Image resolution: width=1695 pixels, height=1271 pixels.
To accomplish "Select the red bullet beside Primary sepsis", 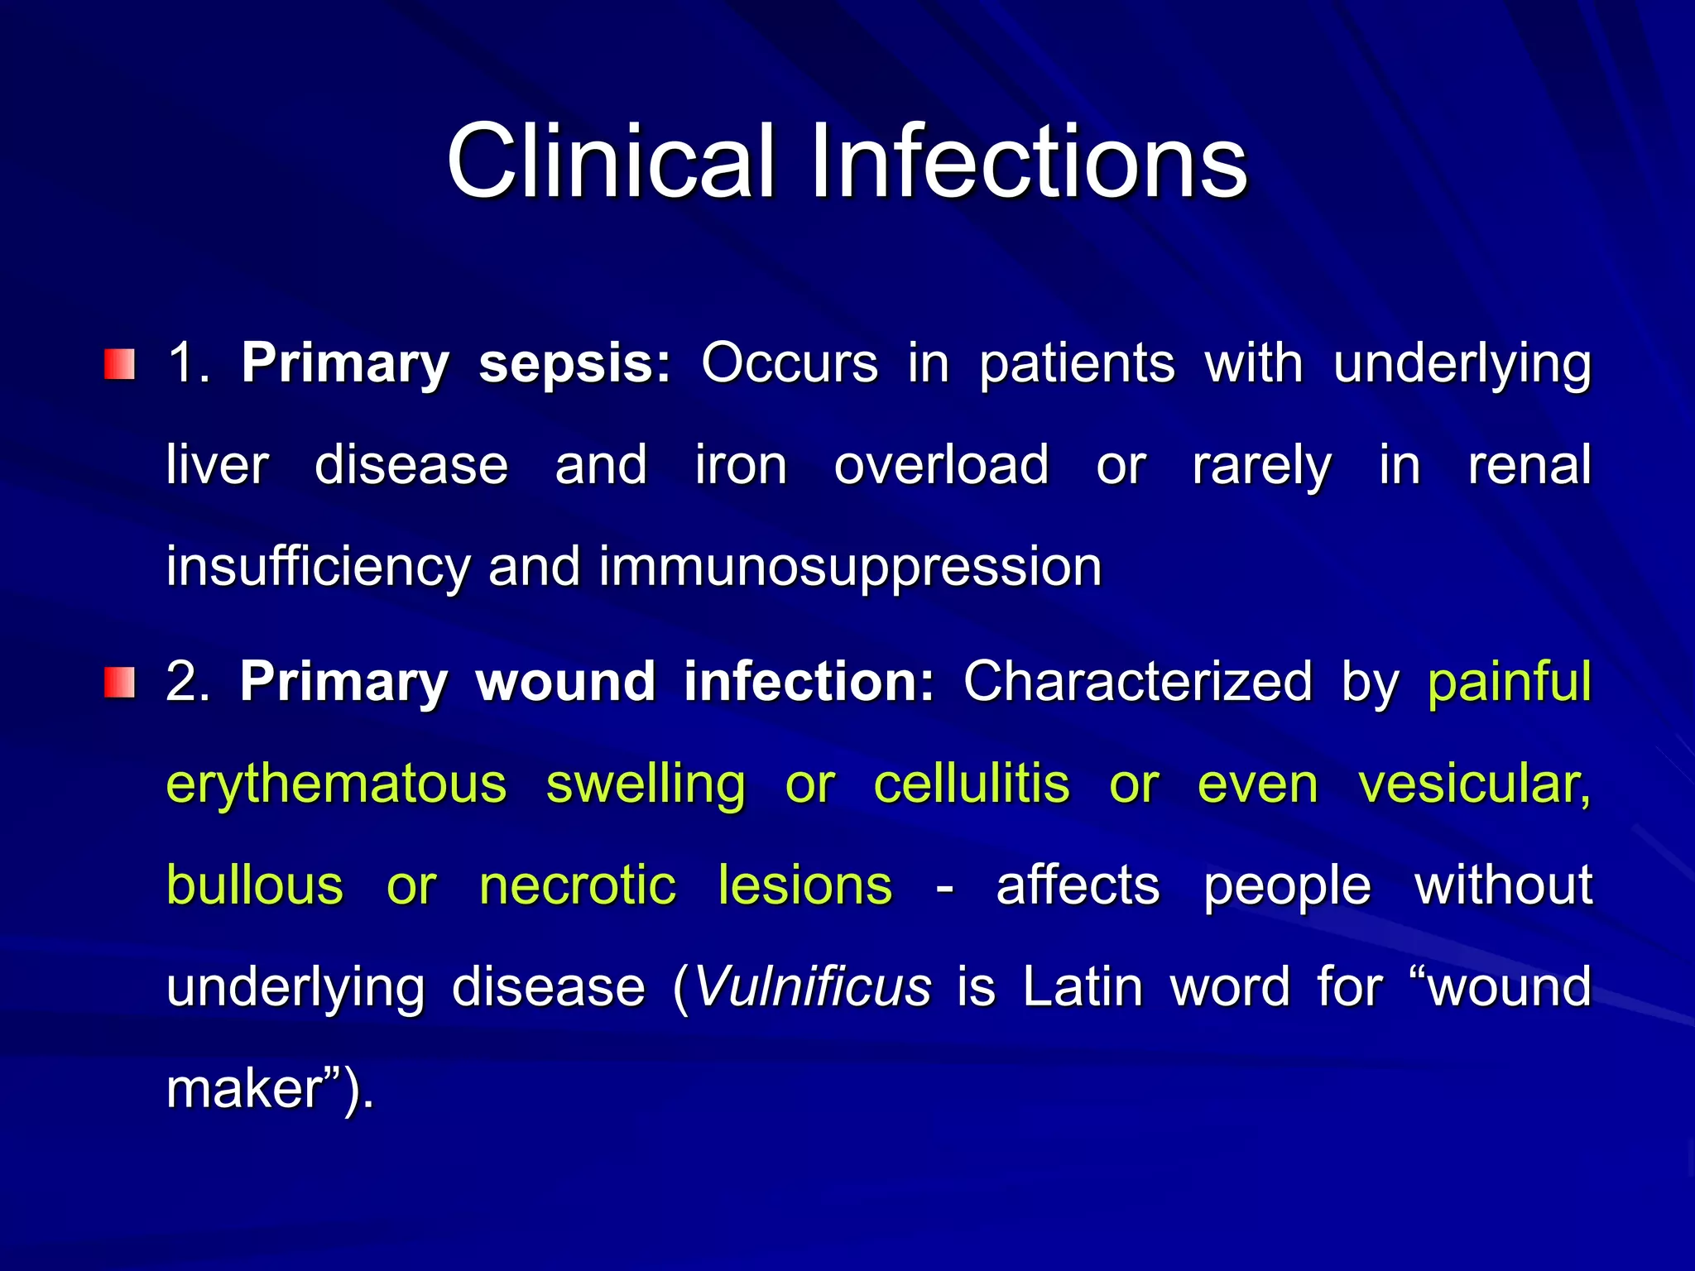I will tap(119, 364).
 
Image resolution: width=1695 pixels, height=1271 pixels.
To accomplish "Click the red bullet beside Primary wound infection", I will tap(119, 683).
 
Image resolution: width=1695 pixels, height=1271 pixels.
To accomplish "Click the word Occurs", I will tap(789, 364).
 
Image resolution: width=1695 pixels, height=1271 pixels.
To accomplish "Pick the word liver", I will tap(217, 465).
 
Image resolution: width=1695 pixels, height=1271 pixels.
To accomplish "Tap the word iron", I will tap(740, 465).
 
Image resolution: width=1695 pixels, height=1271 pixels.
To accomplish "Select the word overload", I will tap(941, 465).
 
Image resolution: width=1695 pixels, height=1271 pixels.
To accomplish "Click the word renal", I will tap(1529, 465).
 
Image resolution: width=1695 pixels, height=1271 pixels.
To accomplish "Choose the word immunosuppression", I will tap(850, 568).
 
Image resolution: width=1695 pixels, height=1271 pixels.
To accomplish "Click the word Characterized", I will tap(1137, 683).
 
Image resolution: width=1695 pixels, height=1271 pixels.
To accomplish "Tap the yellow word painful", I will tap(1509, 683).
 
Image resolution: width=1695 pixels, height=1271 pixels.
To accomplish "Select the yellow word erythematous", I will tap(336, 784).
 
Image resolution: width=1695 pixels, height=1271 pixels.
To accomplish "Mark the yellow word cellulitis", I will tap(971, 784).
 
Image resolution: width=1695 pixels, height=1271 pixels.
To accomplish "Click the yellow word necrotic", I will tap(578, 886).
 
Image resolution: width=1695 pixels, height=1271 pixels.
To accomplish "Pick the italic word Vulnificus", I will tap(812, 987).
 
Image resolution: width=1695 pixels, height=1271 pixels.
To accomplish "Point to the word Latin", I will tap(1083, 987).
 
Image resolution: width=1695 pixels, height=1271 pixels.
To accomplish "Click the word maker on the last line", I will tap(243, 1089).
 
